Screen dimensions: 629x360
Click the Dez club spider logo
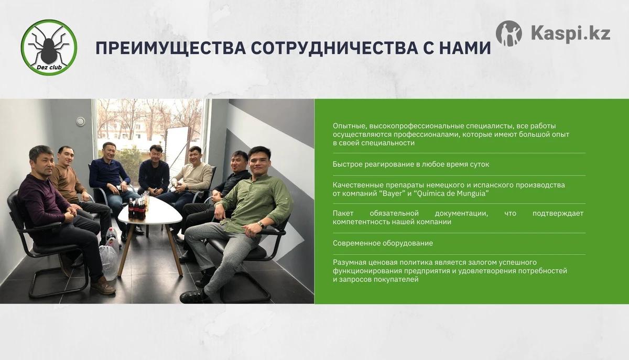(x=49, y=48)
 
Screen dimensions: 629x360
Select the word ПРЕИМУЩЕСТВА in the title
(x=171, y=48)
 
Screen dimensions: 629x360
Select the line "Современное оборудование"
(x=383, y=243)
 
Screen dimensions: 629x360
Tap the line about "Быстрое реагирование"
(x=411, y=164)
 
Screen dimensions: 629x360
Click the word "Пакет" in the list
(x=343, y=213)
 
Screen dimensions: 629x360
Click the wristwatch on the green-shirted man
(x=261, y=224)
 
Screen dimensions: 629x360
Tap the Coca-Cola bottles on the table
(x=137, y=208)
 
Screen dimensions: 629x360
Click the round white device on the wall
(x=81, y=122)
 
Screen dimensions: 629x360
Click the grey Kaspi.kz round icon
(x=509, y=34)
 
